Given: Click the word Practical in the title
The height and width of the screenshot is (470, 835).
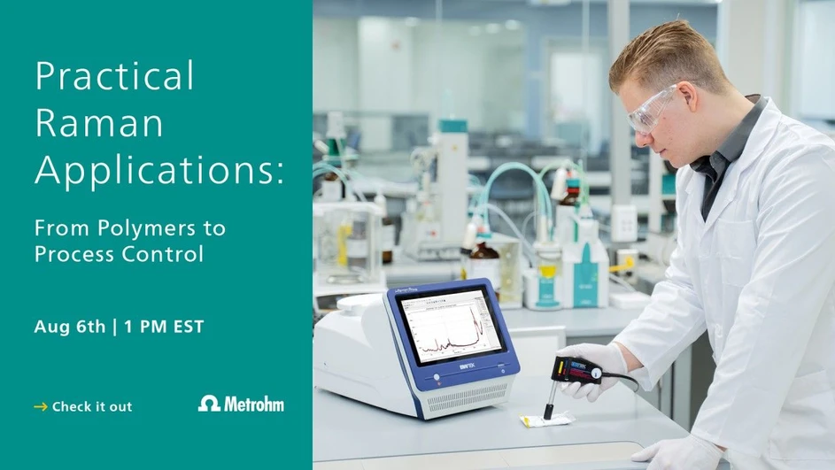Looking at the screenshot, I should pyautogui.click(x=114, y=77).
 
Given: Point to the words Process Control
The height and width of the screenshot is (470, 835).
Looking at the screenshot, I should pyautogui.click(x=119, y=255).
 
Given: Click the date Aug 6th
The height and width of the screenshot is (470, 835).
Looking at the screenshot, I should pyautogui.click(x=67, y=327).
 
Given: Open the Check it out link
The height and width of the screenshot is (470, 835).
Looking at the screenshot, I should pyautogui.click(x=91, y=406).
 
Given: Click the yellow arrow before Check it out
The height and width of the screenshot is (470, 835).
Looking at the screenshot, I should pyautogui.click(x=40, y=406).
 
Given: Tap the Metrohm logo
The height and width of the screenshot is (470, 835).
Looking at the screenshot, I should pyautogui.click(x=241, y=404).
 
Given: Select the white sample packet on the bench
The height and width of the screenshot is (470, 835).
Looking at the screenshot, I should pyautogui.click(x=546, y=419).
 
